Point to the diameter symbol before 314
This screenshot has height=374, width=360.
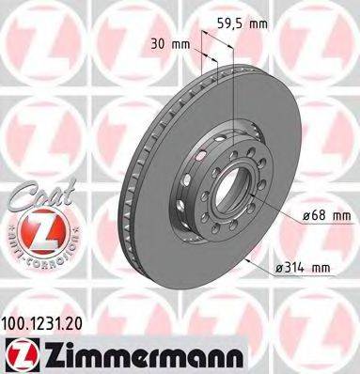[278, 268]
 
